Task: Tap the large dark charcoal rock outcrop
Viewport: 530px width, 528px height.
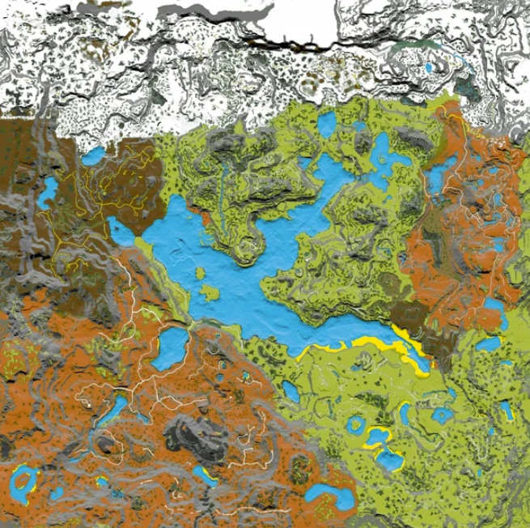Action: tap(193, 437)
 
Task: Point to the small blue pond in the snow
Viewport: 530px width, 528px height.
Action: tap(427, 69)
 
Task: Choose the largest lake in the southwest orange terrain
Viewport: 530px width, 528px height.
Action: tap(171, 349)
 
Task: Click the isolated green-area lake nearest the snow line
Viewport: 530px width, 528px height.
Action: tap(326, 124)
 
